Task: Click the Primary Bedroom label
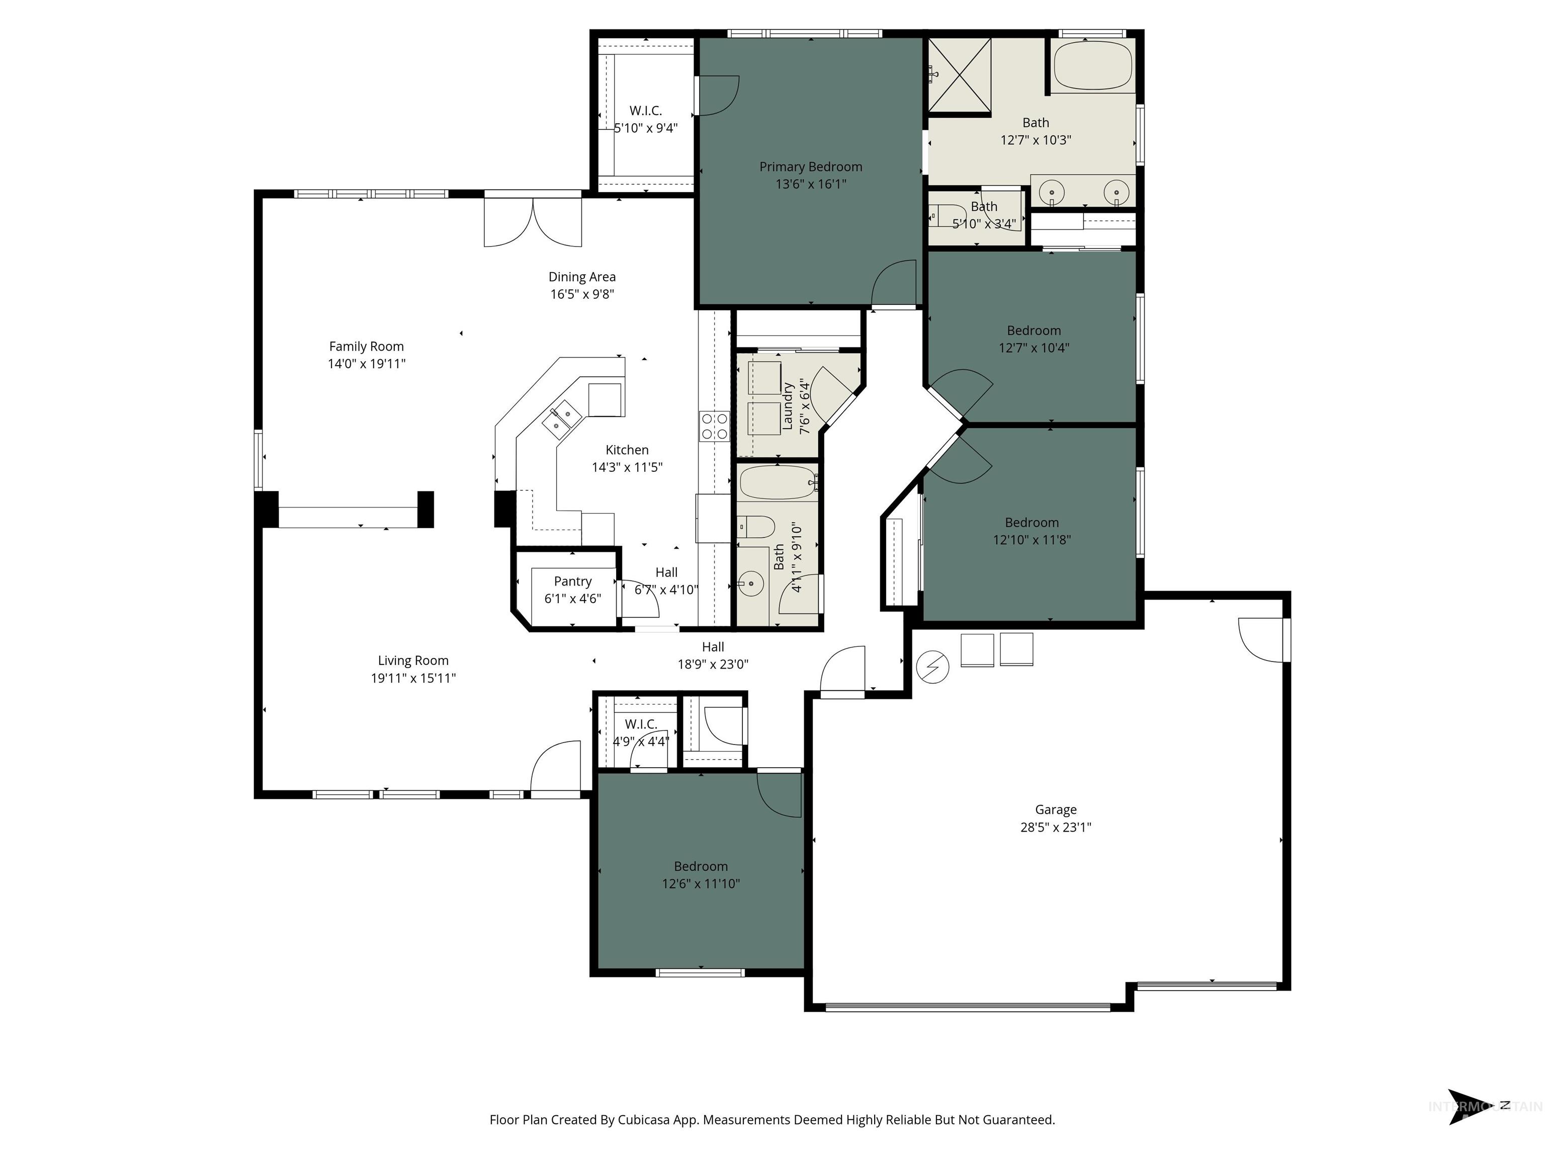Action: tap(810, 167)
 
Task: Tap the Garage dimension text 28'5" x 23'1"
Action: tap(1055, 827)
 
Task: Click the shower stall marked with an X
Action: tap(959, 75)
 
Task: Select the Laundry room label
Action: tap(788, 406)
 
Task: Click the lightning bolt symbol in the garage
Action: tap(932, 667)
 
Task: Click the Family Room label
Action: tap(366, 347)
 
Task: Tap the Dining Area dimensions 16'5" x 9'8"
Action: tap(582, 294)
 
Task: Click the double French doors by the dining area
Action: tap(533, 222)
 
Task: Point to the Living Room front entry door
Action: tap(556, 769)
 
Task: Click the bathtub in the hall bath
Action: tap(778, 482)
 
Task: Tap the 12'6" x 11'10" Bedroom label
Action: tap(701, 866)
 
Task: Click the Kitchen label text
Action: tap(627, 450)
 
